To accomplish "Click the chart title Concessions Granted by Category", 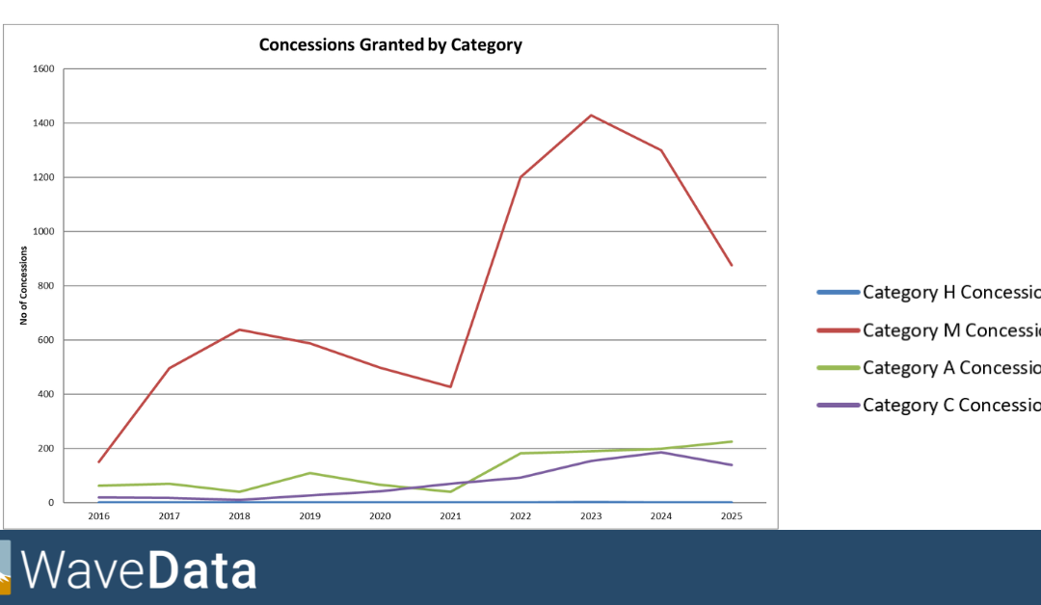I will click(x=390, y=44).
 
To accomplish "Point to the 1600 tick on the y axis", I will click(x=43, y=69).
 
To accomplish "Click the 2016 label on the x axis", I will click(x=97, y=516).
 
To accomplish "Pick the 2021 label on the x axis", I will click(x=450, y=516).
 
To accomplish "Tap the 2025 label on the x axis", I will click(x=732, y=516).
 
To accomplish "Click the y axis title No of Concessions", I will click(x=23, y=286).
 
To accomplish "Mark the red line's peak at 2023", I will click(x=591, y=116).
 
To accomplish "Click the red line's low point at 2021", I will click(x=450, y=387).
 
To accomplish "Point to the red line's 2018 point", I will click(x=239, y=329).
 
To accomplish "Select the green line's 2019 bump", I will click(x=309, y=473).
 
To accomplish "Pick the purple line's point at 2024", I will click(x=661, y=452).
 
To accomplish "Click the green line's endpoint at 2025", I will click(x=732, y=441).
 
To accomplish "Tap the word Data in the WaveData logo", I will click(x=201, y=570).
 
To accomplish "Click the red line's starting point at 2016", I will click(x=98, y=462).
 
